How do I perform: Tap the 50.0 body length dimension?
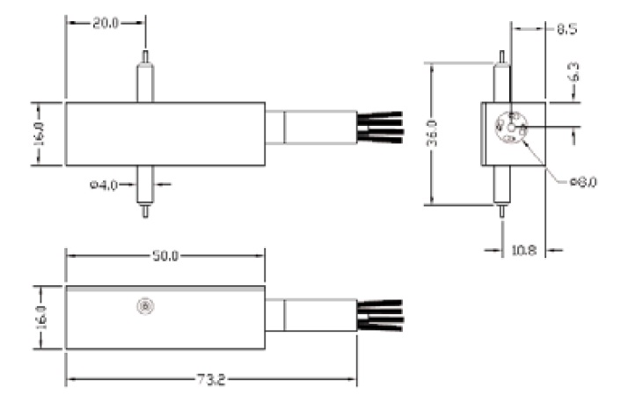coord(165,256)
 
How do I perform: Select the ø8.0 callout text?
coord(583,182)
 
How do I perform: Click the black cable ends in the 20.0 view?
coord(380,126)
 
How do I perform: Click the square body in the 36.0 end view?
coord(513,133)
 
